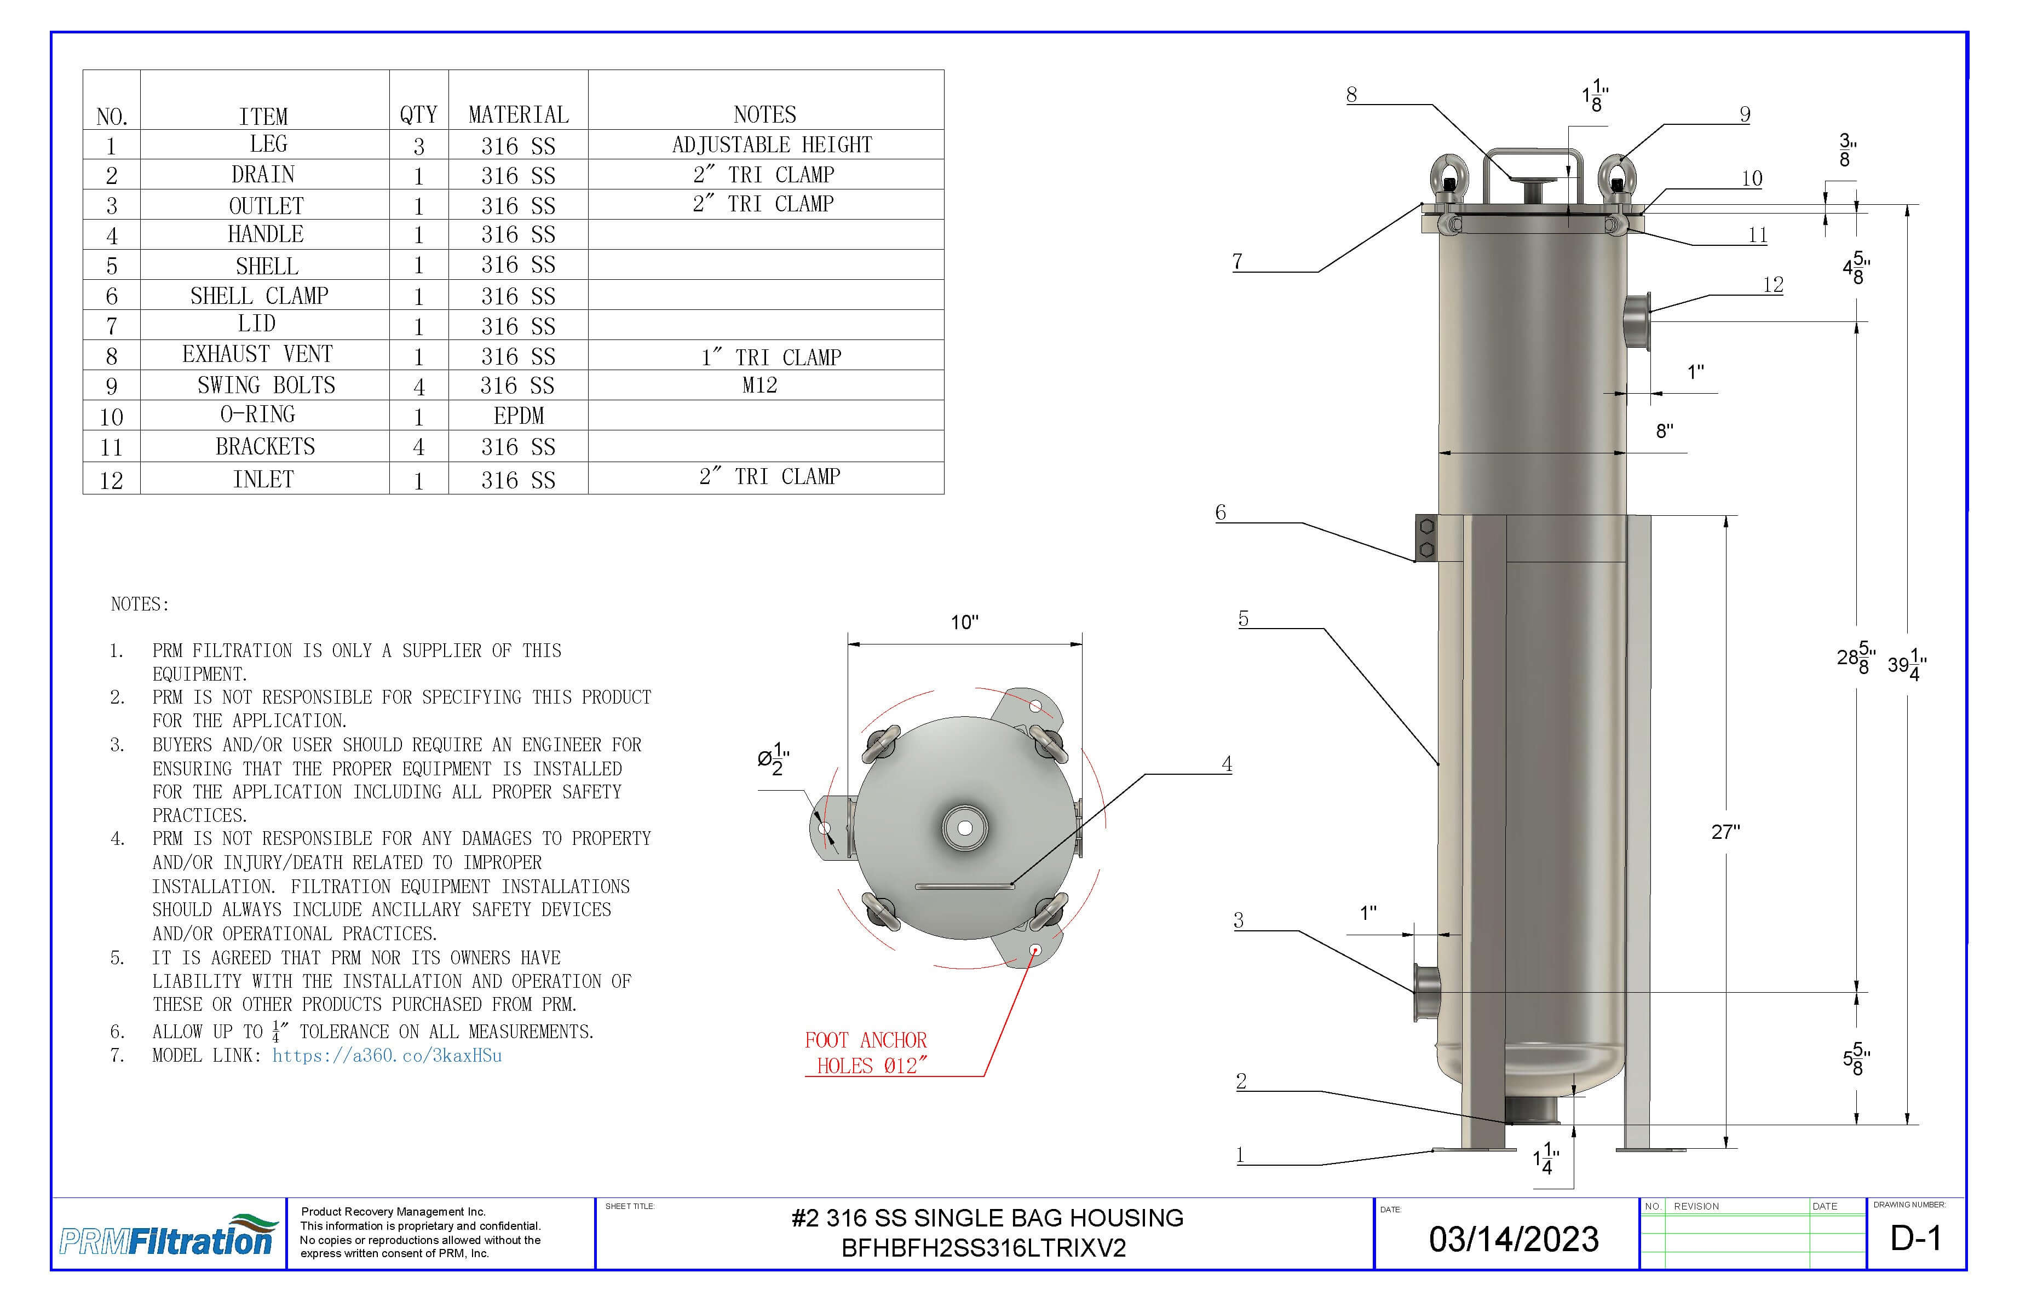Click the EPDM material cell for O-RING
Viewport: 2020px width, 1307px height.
tap(518, 416)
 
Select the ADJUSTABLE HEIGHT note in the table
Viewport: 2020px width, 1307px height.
tap(772, 145)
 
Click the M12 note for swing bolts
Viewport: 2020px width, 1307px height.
tap(759, 385)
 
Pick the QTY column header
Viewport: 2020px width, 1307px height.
tap(418, 114)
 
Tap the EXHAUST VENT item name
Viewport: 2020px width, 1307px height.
tap(257, 354)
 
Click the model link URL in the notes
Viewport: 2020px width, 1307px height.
tap(387, 1055)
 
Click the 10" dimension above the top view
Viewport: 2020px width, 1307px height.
tap(964, 622)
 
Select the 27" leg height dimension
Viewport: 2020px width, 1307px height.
tap(1725, 832)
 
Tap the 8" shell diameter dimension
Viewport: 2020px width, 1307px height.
tap(1665, 431)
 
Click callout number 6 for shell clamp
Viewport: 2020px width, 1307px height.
tap(1221, 512)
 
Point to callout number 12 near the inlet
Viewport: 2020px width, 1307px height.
tap(1773, 284)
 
